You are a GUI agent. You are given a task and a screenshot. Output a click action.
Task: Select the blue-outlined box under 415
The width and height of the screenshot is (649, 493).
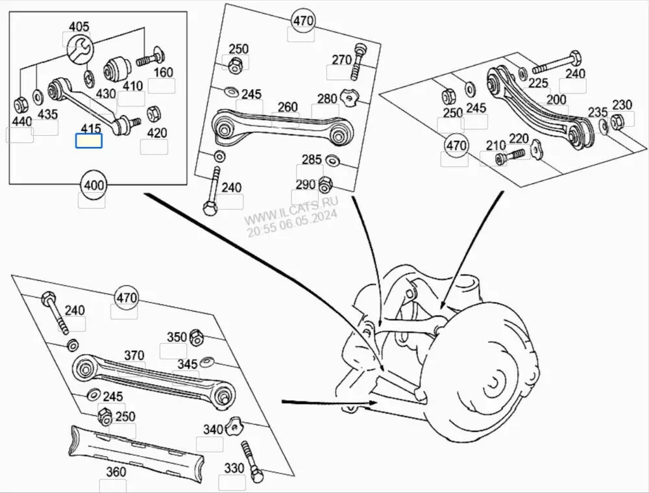tap(89, 141)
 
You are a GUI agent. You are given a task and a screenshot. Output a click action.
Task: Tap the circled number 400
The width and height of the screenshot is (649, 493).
tap(93, 186)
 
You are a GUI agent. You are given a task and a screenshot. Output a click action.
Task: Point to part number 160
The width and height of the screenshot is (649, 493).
tap(162, 72)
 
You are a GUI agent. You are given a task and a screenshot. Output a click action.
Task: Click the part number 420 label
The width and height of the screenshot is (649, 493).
tap(156, 133)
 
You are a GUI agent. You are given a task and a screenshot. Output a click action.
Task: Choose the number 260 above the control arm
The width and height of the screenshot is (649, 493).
tap(288, 107)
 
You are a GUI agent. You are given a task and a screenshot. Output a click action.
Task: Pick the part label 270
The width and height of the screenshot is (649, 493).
tap(341, 60)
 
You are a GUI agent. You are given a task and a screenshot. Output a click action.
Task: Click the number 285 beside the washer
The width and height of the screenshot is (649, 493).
tap(312, 160)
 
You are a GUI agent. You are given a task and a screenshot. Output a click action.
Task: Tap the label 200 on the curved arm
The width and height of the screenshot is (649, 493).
tap(556, 99)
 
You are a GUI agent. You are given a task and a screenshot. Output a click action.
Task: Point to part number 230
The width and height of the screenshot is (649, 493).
tap(622, 105)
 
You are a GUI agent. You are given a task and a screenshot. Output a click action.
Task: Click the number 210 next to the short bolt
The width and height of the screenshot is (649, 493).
tap(496, 144)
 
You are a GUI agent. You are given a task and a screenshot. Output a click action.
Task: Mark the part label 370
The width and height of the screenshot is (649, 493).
tap(134, 355)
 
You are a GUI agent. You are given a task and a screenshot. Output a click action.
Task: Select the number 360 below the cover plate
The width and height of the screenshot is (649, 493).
tap(116, 472)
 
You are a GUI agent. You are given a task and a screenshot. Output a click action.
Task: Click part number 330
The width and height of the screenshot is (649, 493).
tap(234, 468)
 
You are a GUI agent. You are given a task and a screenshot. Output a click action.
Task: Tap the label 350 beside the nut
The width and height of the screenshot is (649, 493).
tap(177, 337)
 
